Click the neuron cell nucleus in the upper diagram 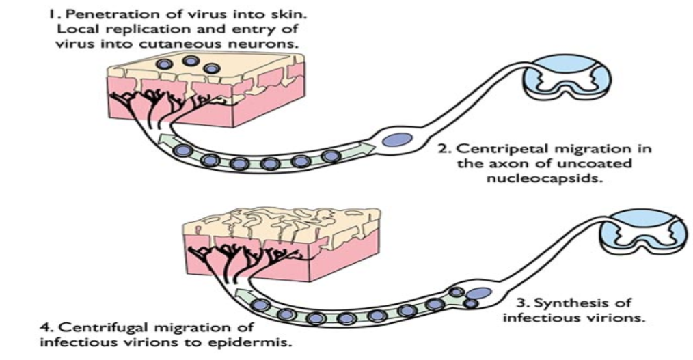tap(393, 139)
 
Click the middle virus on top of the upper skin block tap(186, 62)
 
